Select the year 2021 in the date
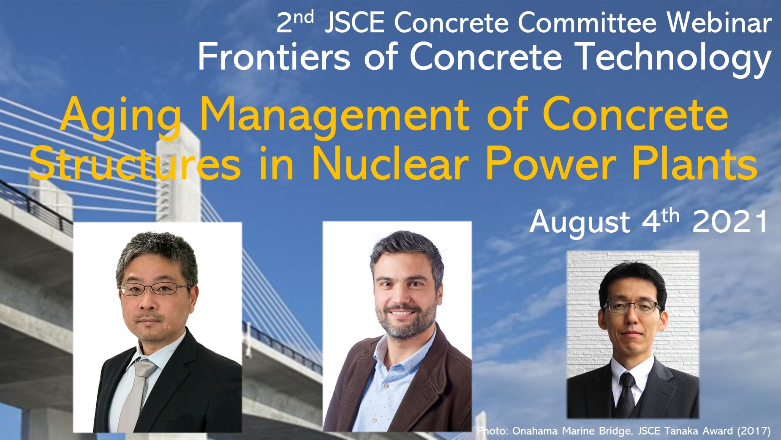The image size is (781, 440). pos(729,222)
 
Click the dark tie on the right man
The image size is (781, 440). pos(626,395)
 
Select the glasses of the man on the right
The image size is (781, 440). pos(632,306)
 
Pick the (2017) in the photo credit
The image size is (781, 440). pos(754,431)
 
